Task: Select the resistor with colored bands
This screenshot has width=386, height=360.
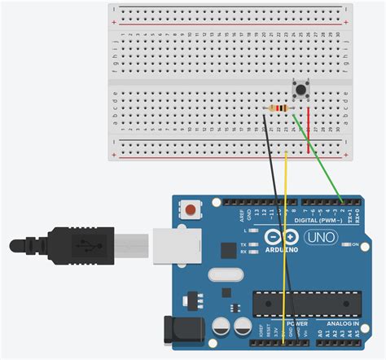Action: coord(279,109)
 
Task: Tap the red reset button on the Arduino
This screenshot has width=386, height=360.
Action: coord(191,210)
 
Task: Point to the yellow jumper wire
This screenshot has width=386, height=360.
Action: coord(286,244)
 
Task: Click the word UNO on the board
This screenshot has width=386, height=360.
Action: coord(320,236)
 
